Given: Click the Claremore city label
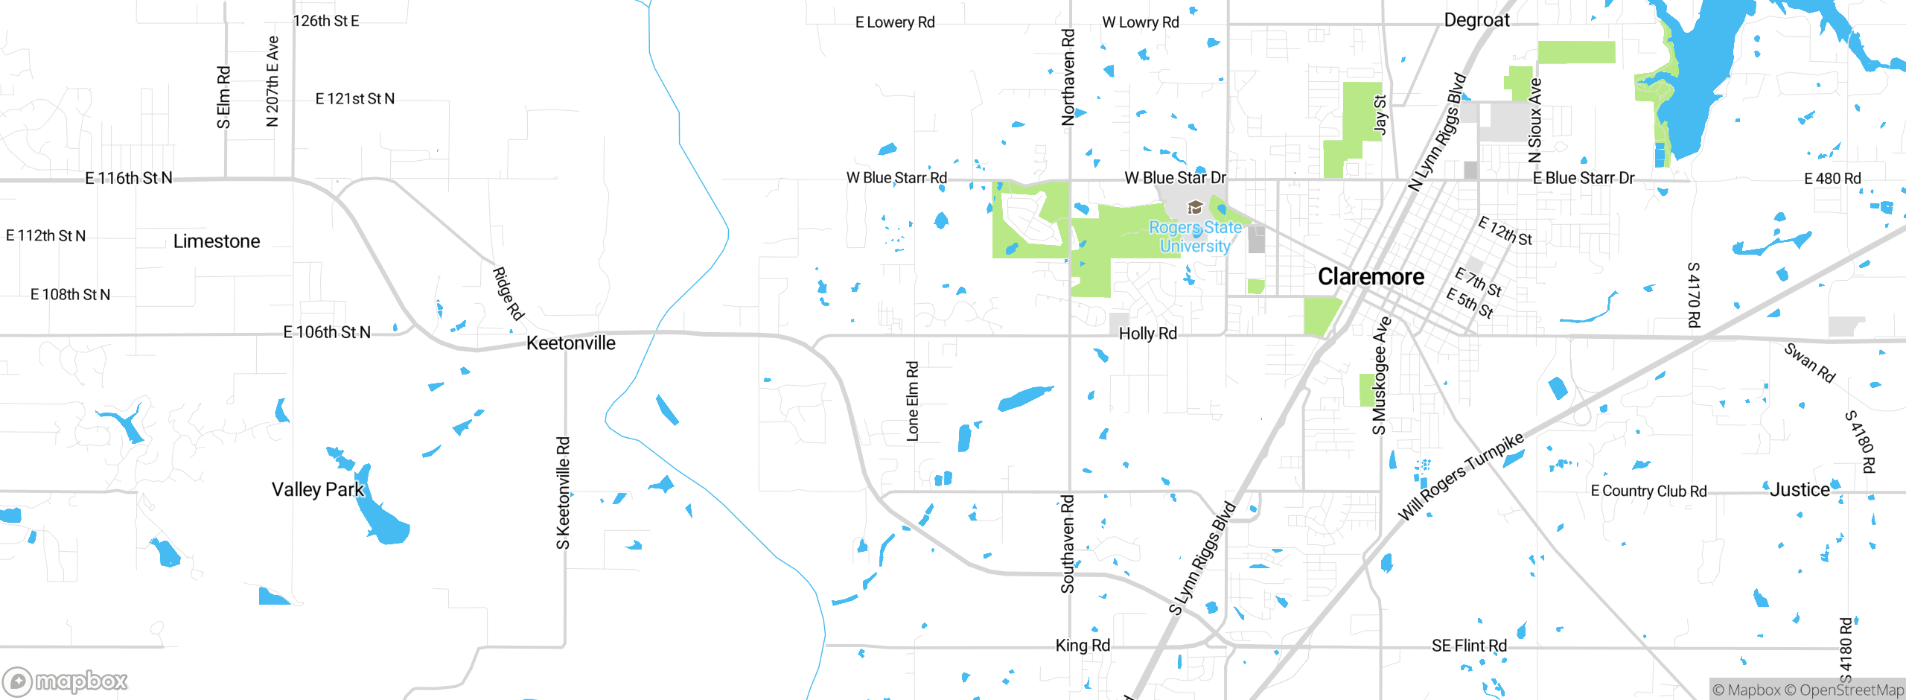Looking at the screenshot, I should click(1371, 277).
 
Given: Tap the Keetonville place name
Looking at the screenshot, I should click(570, 343).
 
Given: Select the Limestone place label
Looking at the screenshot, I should click(217, 241).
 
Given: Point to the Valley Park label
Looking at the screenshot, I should click(318, 489).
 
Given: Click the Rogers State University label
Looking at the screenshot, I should click(1195, 237).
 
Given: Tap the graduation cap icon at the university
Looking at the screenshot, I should click(1195, 207).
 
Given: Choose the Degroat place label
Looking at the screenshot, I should click(1476, 20).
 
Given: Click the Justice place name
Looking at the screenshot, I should click(1800, 490).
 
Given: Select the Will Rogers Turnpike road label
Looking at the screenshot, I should click(1461, 477).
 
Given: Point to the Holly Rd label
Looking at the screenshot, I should click(1148, 334).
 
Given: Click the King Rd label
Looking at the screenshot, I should click(1083, 646).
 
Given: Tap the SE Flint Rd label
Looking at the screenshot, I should click(1469, 646).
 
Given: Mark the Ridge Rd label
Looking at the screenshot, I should click(509, 293).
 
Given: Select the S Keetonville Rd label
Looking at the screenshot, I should click(564, 493).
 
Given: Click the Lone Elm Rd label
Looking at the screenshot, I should click(913, 401).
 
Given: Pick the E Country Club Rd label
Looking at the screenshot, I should click(1648, 491).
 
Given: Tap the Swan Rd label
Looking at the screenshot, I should click(1809, 363).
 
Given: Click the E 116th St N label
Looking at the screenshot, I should click(129, 178).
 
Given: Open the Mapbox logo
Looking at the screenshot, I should click(66, 681).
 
